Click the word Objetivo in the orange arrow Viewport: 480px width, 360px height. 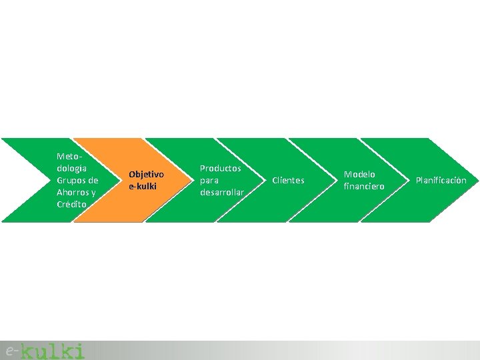pyautogui.click(x=146, y=174)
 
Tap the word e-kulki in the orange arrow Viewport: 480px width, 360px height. pyautogui.click(x=142, y=186)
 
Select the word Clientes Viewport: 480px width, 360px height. pyautogui.click(x=288, y=181)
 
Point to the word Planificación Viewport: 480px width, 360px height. pyautogui.click(x=441, y=181)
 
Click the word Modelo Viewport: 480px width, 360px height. pyautogui.click(x=359, y=174)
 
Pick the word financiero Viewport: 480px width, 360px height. pyautogui.click(x=364, y=187)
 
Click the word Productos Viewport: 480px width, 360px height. pyautogui.click(x=221, y=168)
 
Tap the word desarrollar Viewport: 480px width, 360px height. pyautogui.click(x=222, y=192)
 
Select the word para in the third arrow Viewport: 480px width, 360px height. pyautogui.click(x=209, y=180)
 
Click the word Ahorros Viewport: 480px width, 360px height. pyautogui.click(x=73, y=192)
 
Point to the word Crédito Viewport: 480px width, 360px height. pyautogui.click(x=72, y=204)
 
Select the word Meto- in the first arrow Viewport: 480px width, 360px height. pyautogui.click(x=68, y=156)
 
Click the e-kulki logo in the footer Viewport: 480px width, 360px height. pyautogui.click(x=45, y=350)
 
